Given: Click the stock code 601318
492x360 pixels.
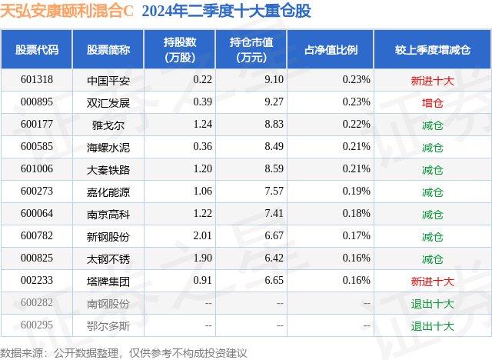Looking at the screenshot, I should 37,79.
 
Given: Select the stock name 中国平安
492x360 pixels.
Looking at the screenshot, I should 108,79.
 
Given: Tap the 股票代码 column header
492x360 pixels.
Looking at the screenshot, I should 37,49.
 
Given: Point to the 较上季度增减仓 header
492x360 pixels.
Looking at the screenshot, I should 432,49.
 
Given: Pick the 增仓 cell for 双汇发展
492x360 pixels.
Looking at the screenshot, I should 433,102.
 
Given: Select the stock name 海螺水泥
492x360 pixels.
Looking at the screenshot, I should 108,146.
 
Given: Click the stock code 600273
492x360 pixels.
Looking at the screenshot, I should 37,192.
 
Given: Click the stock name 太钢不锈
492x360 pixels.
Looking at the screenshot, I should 108,258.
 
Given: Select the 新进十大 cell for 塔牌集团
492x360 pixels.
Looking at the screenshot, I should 433,281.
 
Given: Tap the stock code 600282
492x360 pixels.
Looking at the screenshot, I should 37,303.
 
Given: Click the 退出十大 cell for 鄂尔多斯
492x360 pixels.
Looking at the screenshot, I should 433,325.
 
